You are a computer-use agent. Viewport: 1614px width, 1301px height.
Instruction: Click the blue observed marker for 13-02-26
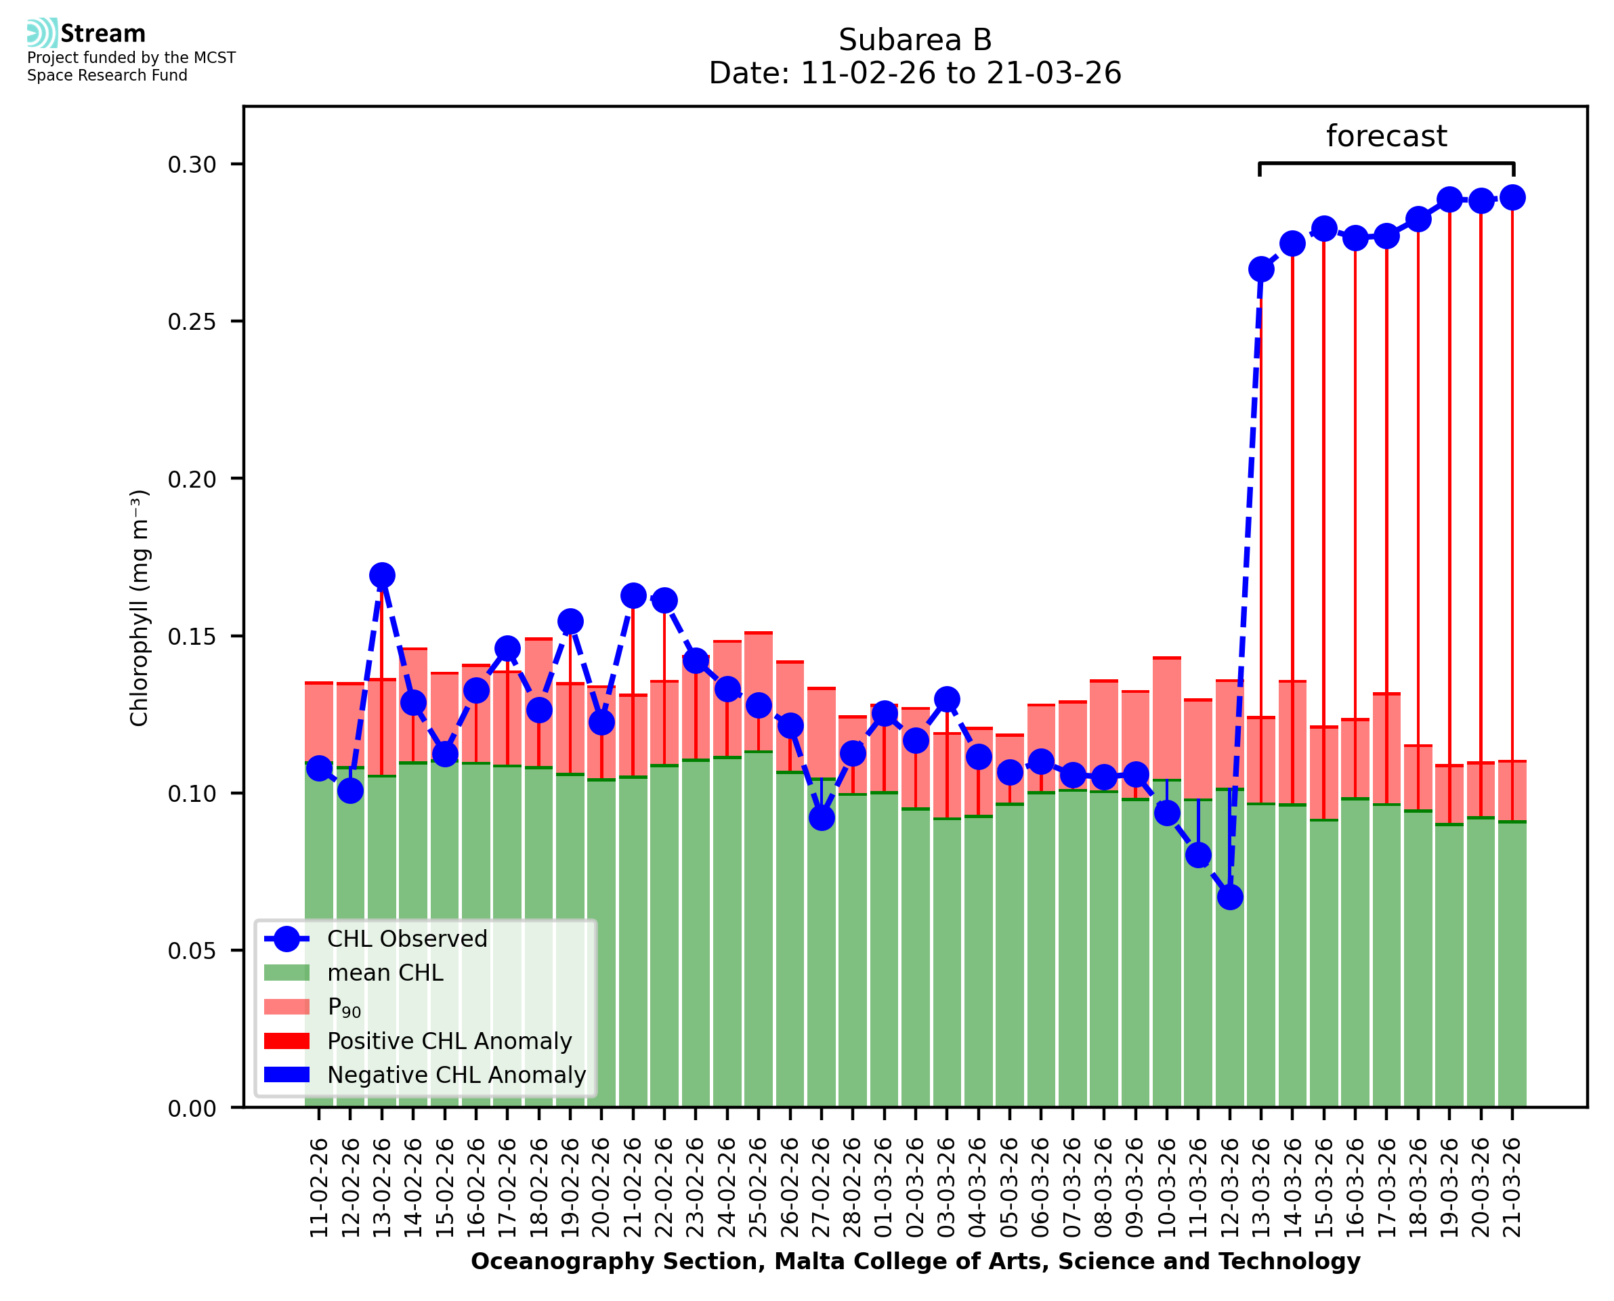tap(382, 576)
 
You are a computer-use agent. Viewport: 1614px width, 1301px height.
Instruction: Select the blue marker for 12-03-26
tap(1229, 897)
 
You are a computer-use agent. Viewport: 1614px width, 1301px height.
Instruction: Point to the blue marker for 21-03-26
tap(1512, 198)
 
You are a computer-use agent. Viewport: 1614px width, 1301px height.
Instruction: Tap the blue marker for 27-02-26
tap(822, 817)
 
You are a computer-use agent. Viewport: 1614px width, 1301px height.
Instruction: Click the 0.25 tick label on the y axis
tap(191, 322)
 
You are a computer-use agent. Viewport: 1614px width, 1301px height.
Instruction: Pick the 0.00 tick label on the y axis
tap(191, 1109)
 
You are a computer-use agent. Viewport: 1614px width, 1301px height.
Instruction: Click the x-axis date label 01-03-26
tap(885, 1188)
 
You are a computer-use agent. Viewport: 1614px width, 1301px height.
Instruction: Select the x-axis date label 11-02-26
tap(319, 1188)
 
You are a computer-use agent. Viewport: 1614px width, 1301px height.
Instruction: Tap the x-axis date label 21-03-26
tap(1512, 1188)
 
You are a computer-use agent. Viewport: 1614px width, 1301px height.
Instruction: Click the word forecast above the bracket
tap(1386, 136)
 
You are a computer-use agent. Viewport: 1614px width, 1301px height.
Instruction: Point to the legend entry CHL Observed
tap(407, 939)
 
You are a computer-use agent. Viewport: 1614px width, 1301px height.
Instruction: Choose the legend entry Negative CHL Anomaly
tap(456, 1075)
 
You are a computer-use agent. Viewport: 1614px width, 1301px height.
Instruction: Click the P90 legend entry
tap(344, 1007)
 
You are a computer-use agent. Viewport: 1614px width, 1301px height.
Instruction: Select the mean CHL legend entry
tap(385, 973)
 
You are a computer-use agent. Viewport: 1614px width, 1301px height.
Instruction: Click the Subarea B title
tap(915, 40)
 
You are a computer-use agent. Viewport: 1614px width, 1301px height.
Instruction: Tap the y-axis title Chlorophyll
tap(140, 607)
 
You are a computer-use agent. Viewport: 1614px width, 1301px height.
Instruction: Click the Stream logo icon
tap(42, 33)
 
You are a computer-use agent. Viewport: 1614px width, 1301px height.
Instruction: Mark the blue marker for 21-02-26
tap(633, 596)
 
